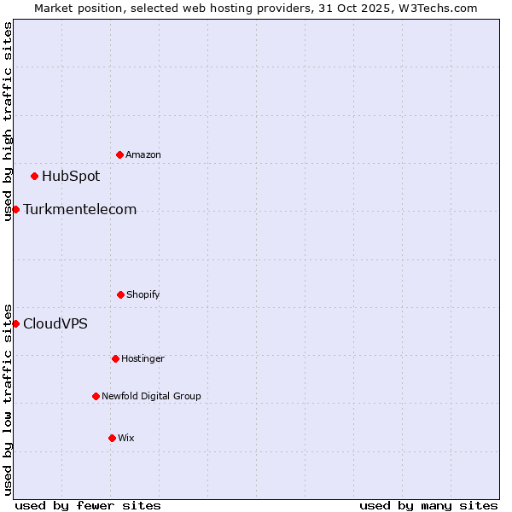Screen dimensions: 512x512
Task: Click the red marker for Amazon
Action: pos(119,154)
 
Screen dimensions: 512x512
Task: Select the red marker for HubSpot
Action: pos(35,177)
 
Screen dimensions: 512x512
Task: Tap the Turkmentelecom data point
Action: pos(15,209)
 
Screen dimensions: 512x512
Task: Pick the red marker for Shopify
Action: pos(120,294)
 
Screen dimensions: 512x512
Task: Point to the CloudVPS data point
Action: pos(15,323)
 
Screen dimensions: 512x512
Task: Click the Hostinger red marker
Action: pos(115,358)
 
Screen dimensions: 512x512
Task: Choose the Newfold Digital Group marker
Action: pos(96,396)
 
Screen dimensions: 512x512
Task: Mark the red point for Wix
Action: pos(112,438)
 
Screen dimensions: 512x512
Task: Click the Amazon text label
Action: pos(143,155)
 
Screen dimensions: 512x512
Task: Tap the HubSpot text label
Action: pos(71,177)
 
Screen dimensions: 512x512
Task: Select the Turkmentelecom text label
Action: pos(79,210)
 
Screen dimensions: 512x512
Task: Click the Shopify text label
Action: pos(143,295)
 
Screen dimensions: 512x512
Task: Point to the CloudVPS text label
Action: pos(55,324)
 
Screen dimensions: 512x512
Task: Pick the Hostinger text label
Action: pos(143,359)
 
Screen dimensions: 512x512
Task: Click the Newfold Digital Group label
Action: pos(151,397)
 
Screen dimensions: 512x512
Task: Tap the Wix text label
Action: pos(126,439)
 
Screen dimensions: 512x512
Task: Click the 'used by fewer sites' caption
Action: pos(88,505)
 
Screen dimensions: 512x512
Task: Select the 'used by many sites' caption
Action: pos(428,505)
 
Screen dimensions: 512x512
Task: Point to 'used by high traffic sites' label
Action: pos(8,121)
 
